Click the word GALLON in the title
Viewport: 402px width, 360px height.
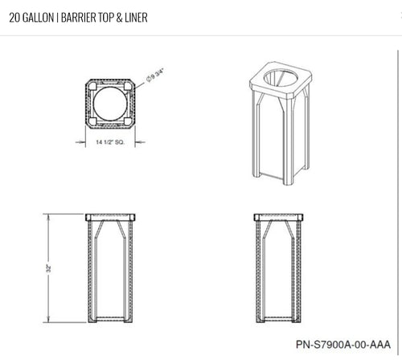38,18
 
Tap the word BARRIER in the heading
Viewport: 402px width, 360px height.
79,18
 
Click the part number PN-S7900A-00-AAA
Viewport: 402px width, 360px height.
343,344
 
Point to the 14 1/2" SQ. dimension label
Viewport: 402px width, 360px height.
110,142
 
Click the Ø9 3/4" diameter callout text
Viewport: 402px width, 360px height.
155,76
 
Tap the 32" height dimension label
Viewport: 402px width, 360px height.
48,268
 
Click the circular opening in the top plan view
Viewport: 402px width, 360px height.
110,104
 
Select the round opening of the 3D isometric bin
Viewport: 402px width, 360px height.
281,78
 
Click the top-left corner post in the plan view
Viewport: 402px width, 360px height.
92,86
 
